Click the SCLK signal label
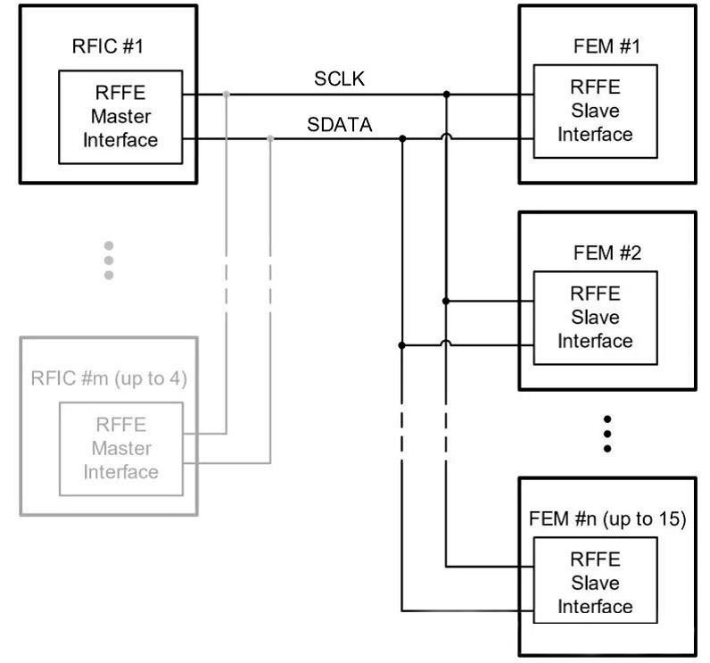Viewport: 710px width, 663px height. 339,80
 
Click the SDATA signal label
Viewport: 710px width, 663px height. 340,126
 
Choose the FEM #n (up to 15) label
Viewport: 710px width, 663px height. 607,518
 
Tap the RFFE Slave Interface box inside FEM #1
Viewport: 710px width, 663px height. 595,112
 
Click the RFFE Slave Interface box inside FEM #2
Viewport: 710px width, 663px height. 595,318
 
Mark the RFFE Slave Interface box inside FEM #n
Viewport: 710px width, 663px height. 595,584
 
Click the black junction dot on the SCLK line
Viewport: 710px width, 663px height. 447,93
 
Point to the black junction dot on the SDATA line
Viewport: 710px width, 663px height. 402,138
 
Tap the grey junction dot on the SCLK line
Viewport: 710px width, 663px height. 227,93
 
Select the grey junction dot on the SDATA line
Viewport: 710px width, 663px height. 270,138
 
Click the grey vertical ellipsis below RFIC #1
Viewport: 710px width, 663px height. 109,260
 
